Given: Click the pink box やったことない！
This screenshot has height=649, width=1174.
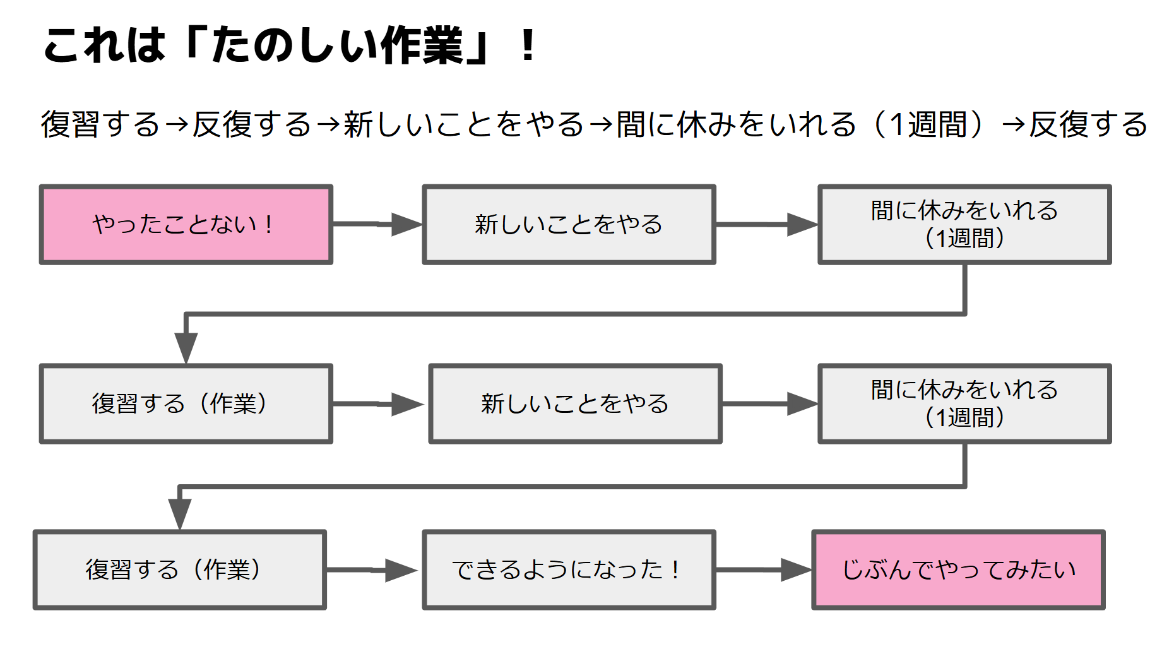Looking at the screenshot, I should [186, 225].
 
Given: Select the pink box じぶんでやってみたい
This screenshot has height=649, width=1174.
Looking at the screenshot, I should [958, 569].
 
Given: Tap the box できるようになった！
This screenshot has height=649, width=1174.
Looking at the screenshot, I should [568, 569].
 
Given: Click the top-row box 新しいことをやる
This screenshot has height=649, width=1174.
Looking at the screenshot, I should [568, 225].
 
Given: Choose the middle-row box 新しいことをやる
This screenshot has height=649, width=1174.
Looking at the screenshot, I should [574, 404].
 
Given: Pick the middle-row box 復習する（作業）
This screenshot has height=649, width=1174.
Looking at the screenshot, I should [186, 404].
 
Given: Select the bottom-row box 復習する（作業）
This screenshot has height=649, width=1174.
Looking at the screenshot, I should [179, 569].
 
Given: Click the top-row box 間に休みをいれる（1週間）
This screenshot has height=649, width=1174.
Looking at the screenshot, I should [964, 225].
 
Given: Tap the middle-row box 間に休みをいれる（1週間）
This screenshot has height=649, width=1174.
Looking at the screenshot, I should [964, 404].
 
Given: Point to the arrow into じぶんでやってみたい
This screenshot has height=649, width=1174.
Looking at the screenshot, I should [764, 569].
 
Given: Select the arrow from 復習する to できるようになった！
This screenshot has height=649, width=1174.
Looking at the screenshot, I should [372, 569].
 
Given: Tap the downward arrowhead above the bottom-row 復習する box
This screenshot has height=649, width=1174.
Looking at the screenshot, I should [179, 513].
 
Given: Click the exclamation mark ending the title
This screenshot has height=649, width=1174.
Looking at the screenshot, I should [528, 47].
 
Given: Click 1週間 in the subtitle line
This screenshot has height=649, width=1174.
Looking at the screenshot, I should [928, 124].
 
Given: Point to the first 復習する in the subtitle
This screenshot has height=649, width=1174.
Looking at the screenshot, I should [101, 124].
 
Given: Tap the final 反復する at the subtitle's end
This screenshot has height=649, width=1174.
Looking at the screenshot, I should [1088, 124].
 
